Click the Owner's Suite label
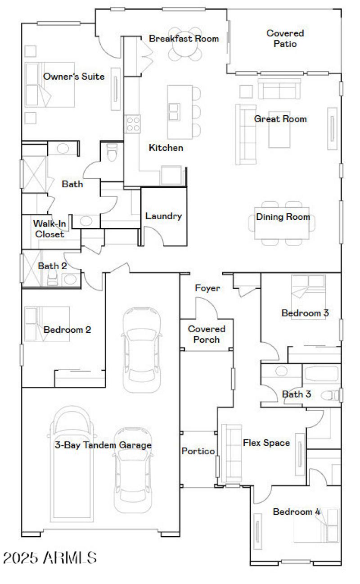(74, 77)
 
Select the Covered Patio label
(285, 39)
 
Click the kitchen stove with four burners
(133, 123)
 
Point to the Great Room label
(280, 119)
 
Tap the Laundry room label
(163, 216)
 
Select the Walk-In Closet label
(49, 229)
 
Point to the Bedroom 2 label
(67, 330)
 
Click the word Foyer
(207, 288)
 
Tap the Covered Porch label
(207, 334)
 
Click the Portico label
(198, 451)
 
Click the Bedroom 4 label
(297, 512)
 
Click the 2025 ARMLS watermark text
(49, 558)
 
